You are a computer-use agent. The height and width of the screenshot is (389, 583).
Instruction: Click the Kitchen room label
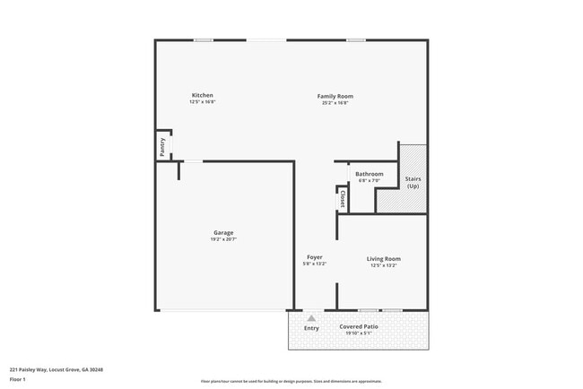[x=202, y=95]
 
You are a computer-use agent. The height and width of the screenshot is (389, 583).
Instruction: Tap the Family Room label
[x=335, y=96]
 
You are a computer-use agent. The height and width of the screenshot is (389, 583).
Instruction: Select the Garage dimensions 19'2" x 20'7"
[x=223, y=239]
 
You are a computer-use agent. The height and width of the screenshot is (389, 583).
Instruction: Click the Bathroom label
[x=370, y=174]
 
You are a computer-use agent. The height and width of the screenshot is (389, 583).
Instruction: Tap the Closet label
[x=343, y=199]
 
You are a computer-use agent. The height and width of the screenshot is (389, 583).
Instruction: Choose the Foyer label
[x=314, y=257]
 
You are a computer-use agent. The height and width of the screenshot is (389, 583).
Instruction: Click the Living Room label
[x=383, y=259]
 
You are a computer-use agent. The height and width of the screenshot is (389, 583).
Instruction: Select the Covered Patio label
[x=359, y=326]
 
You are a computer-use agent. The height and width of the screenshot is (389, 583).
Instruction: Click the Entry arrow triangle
[x=311, y=317]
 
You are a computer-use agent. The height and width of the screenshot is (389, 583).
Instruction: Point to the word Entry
[x=311, y=328]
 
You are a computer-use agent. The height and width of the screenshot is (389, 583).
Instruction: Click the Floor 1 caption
[x=18, y=380]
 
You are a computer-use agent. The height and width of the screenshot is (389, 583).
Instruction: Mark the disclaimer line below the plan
[x=291, y=381]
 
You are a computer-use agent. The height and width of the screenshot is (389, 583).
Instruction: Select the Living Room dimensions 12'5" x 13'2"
[x=383, y=265]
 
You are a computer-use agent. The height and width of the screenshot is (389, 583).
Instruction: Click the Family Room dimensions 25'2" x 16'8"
[x=335, y=102]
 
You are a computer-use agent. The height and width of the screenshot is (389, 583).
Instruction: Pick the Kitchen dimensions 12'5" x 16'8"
[x=202, y=102]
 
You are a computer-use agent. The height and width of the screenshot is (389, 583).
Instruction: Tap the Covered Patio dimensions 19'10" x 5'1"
[x=359, y=333]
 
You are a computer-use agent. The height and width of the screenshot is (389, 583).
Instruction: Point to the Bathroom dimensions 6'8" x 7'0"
[x=370, y=180]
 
